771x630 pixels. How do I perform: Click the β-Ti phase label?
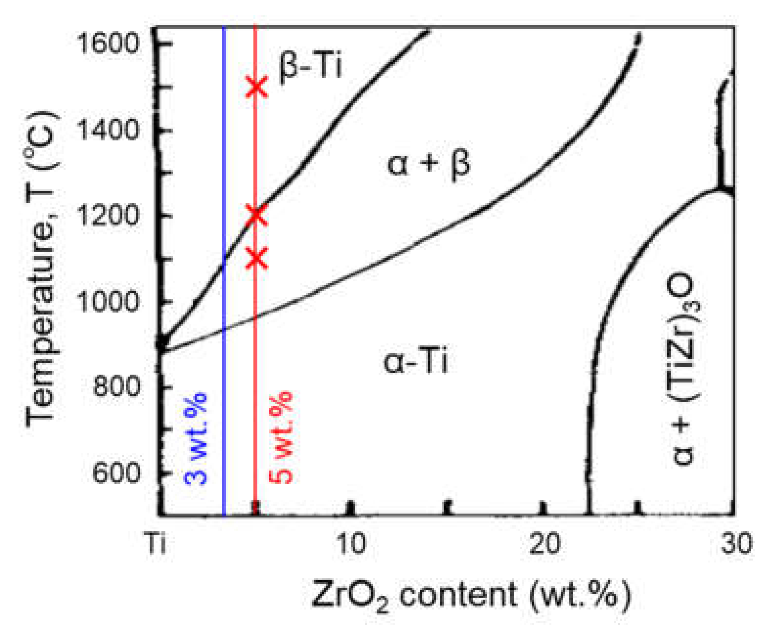(310, 67)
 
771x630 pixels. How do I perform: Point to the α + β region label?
(429, 164)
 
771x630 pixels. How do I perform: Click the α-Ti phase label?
(415, 362)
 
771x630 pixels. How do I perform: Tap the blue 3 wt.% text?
(196, 438)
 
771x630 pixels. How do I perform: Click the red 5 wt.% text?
(281, 438)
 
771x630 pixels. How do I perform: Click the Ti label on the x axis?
(156, 544)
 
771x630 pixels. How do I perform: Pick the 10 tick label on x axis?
(350, 544)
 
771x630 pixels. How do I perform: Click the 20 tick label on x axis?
(543, 544)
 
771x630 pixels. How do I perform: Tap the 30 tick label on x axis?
(735, 544)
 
